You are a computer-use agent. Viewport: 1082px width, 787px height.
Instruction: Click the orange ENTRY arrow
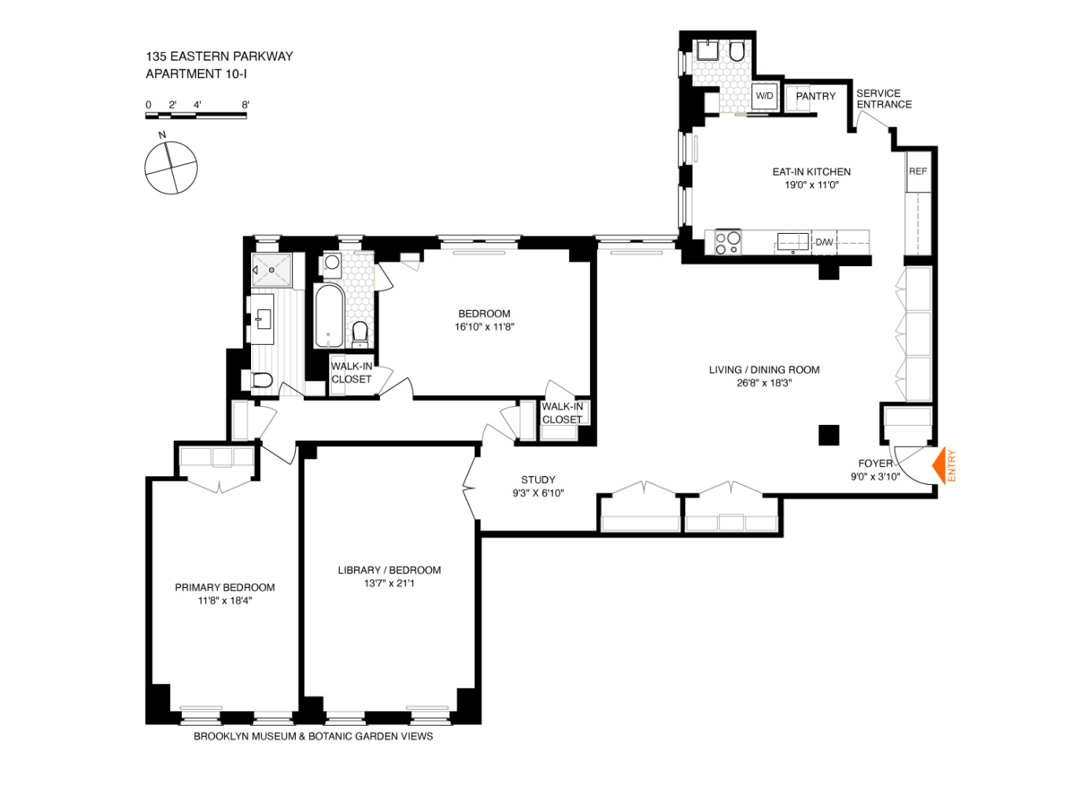pos(939,466)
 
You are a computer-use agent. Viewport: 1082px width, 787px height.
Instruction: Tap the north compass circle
pos(171,168)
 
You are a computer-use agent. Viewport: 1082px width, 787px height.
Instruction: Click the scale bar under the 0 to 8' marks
pos(196,116)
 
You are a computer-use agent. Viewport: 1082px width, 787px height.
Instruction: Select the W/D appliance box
pos(764,96)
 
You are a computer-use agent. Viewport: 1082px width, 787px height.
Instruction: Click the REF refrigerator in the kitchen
pos(918,172)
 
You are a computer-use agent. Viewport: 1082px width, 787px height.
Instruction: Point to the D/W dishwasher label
pos(824,242)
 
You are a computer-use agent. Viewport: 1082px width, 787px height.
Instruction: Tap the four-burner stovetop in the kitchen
pos(727,242)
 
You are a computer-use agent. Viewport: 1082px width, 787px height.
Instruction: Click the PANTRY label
pos(815,96)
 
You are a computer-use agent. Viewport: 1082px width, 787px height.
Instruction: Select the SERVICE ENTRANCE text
pos(884,98)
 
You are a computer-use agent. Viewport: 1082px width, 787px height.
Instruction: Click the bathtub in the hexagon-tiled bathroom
pos(329,316)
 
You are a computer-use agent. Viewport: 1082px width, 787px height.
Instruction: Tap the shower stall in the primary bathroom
pos(271,270)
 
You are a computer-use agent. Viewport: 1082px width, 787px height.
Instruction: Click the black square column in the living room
pos(829,435)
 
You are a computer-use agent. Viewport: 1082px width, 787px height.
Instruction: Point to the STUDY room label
pos(538,479)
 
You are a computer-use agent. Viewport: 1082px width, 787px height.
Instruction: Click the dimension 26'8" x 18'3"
pos(764,383)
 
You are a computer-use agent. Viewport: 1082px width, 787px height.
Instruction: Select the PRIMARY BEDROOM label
pos(224,587)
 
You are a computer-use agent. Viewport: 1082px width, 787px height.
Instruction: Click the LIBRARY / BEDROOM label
pos(389,570)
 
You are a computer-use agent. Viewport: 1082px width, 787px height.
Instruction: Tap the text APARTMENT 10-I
pos(196,74)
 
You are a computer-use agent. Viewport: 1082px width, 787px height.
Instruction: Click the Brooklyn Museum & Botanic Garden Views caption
pos(313,737)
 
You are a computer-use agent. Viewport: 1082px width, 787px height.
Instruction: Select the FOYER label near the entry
pos(875,464)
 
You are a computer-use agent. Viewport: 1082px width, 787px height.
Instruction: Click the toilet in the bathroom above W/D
pos(737,52)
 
